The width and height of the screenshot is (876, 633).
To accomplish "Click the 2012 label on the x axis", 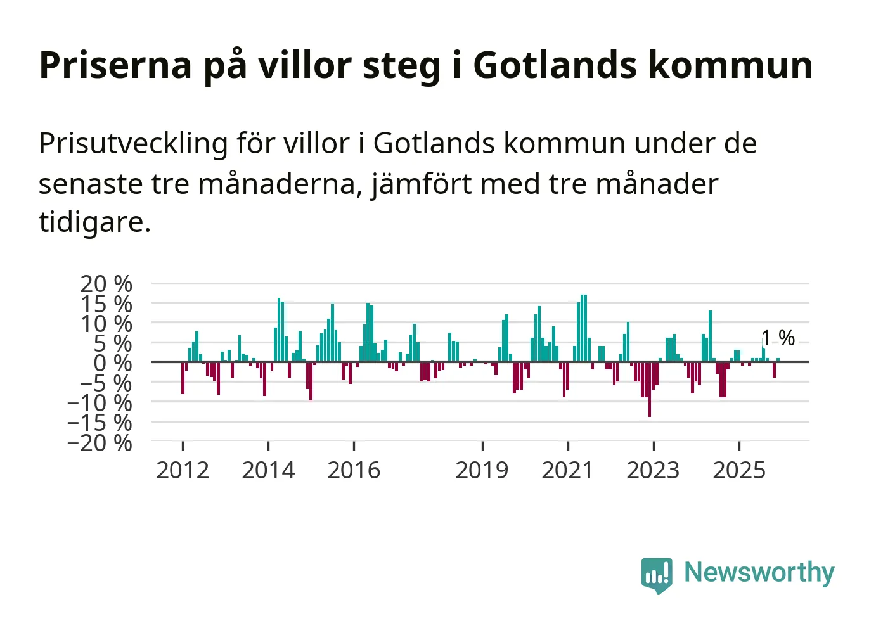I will click(x=183, y=470).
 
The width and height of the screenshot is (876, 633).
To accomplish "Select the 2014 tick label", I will click(x=268, y=470).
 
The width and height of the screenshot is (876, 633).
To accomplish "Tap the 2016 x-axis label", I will click(x=354, y=470).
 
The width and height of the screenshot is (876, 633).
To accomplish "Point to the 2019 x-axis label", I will click(x=482, y=470).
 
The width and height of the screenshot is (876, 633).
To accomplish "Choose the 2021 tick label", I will click(x=567, y=470).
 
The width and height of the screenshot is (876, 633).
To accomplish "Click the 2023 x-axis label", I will click(x=653, y=470).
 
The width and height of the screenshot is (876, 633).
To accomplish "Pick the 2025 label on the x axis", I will click(x=739, y=470).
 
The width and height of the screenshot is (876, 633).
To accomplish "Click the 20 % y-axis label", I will click(x=106, y=284).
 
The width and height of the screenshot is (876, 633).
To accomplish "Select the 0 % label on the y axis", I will click(x=113, y=363).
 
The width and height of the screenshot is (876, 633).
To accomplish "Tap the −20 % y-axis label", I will click(x=100, y=442).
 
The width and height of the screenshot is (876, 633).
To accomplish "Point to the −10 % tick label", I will click(x=100, y=402).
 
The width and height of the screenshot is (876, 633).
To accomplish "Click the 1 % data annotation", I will click(x=778, y=338).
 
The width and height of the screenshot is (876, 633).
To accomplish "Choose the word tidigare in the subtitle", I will click(x=94, y=222).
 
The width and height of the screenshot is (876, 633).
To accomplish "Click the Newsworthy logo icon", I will click(x=656, y=575).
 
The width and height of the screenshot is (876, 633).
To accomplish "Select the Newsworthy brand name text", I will click(x=759, y=572).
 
